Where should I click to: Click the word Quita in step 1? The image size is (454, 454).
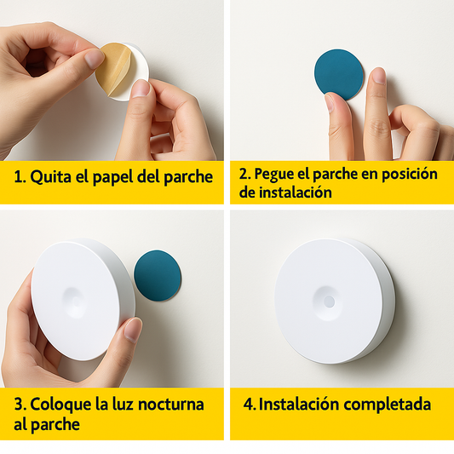[50, 176]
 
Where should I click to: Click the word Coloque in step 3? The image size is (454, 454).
[60, 405]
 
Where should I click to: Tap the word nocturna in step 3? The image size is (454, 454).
[171, 405]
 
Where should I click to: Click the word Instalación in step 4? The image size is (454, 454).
[299, 405]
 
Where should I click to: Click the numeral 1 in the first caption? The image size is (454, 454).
[18, 177]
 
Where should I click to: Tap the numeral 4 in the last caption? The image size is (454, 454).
[248, 405]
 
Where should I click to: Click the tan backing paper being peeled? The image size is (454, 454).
[113, 69]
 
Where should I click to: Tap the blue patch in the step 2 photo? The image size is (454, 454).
[339, 74]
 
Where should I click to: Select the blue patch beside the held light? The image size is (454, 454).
[158, 275]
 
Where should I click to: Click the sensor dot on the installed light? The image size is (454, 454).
[329, 302]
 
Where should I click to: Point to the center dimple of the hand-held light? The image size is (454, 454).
[75, 302]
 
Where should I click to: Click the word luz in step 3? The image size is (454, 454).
[123, 405]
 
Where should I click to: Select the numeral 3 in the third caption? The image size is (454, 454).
[19, 405]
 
